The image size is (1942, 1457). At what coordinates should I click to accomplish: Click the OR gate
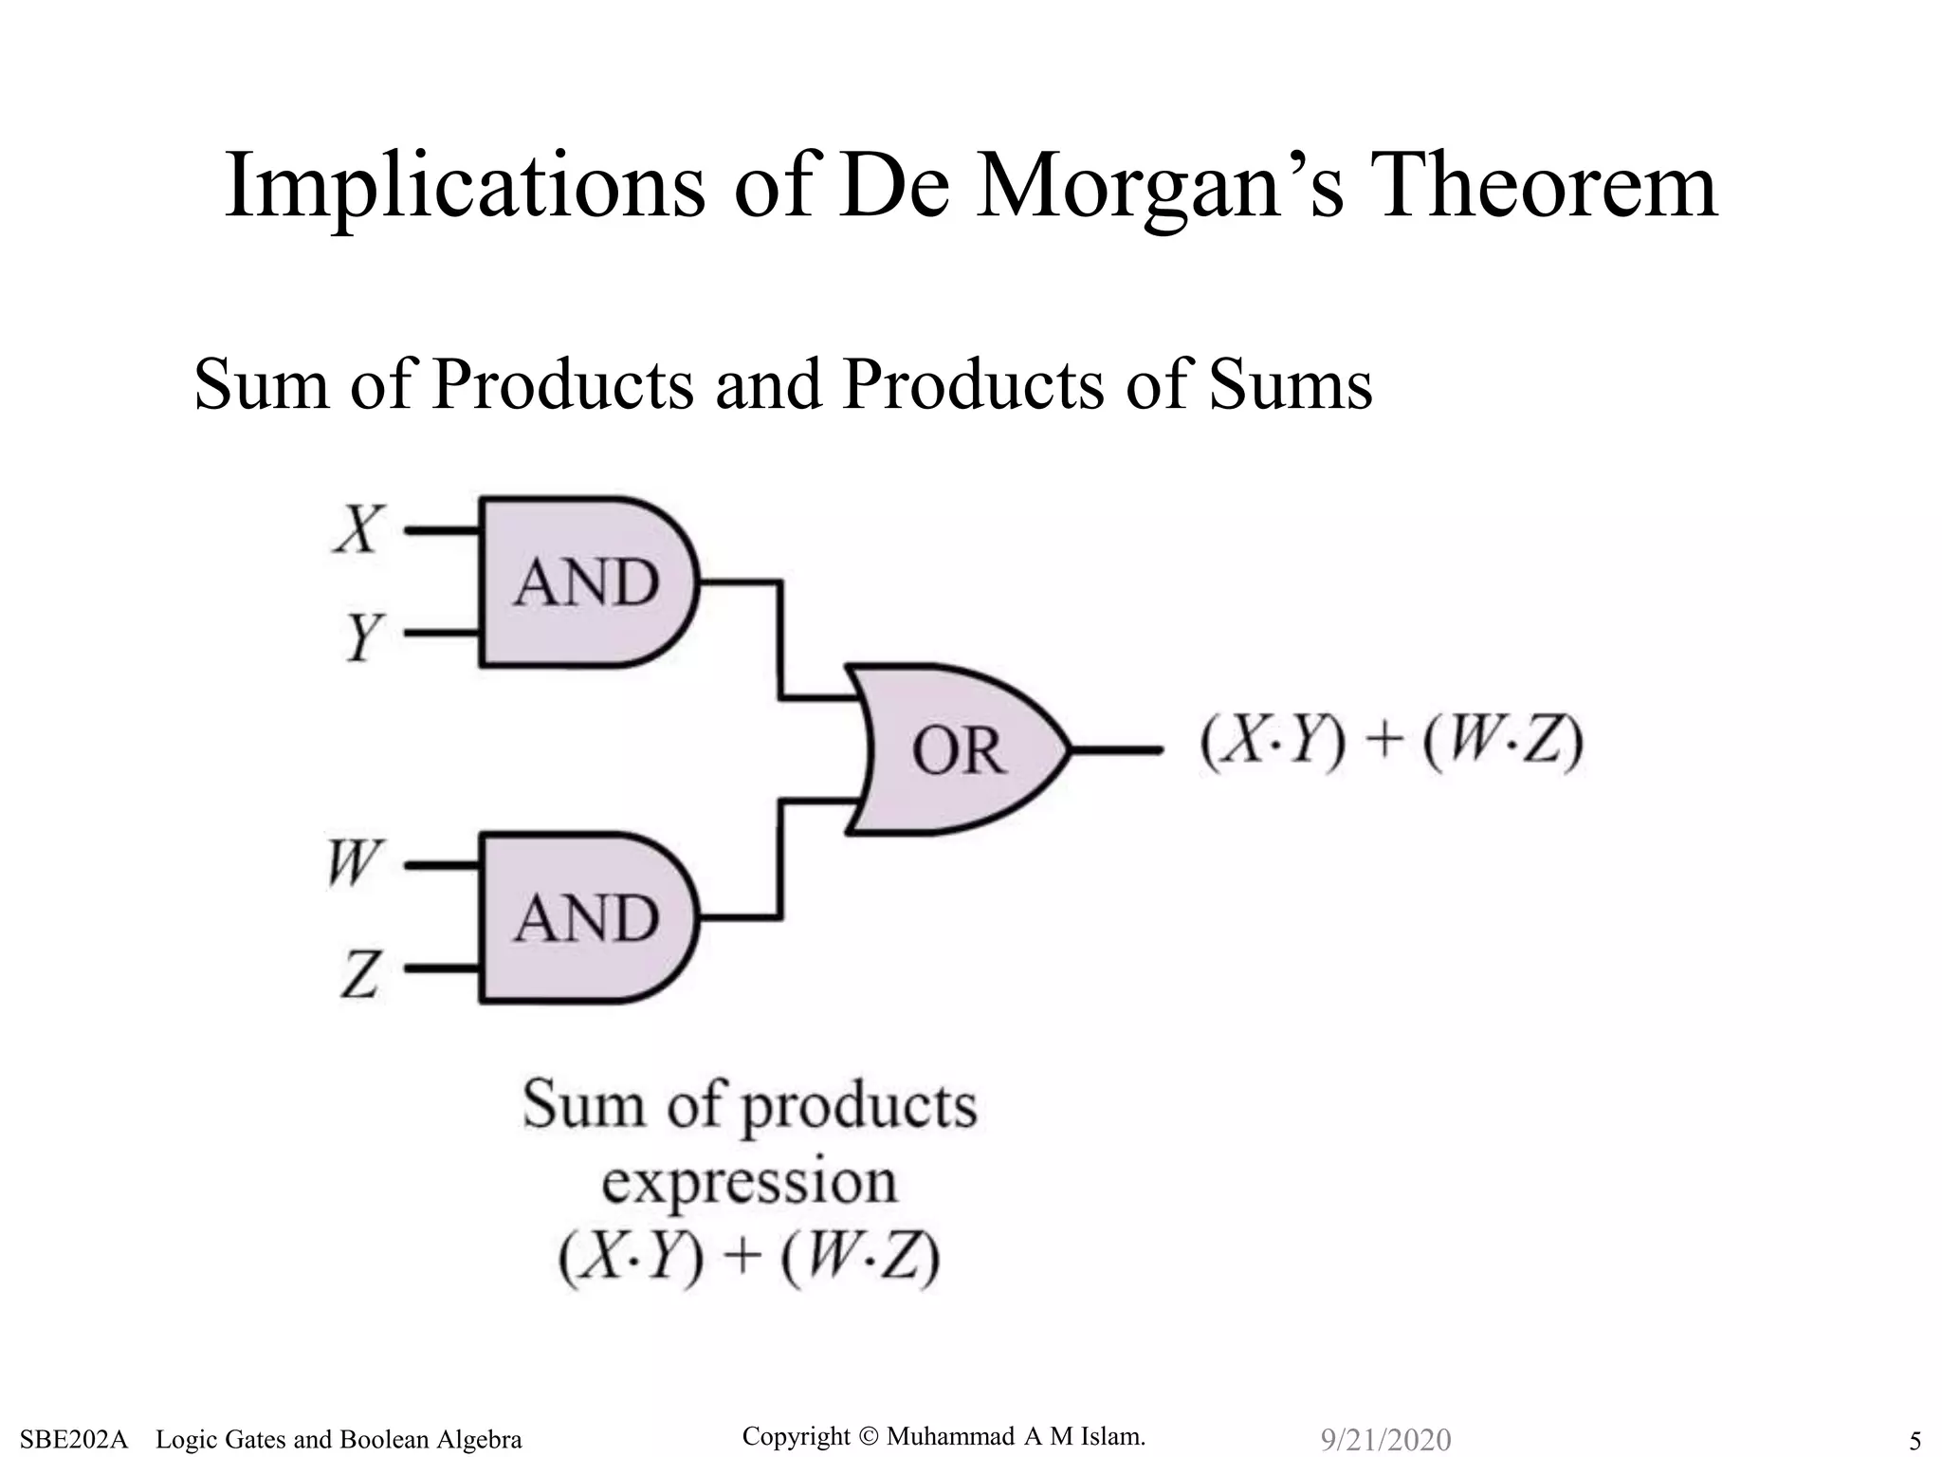958,749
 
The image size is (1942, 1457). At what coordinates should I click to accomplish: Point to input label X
359,528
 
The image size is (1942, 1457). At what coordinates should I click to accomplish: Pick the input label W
353,863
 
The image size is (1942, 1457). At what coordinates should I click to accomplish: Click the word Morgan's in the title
1161,187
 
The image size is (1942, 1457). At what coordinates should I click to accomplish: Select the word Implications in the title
465,187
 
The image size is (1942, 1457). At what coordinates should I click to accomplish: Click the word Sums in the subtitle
1291,385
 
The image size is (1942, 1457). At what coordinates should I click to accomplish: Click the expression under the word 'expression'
749,1259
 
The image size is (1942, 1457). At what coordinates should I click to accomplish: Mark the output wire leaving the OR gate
1117,750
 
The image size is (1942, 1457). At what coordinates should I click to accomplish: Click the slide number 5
1915,1441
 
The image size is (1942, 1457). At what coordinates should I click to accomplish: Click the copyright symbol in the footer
868,1437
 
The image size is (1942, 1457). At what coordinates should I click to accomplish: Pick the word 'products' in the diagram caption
857,1107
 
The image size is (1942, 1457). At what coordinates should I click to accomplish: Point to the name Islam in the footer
1110,1437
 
